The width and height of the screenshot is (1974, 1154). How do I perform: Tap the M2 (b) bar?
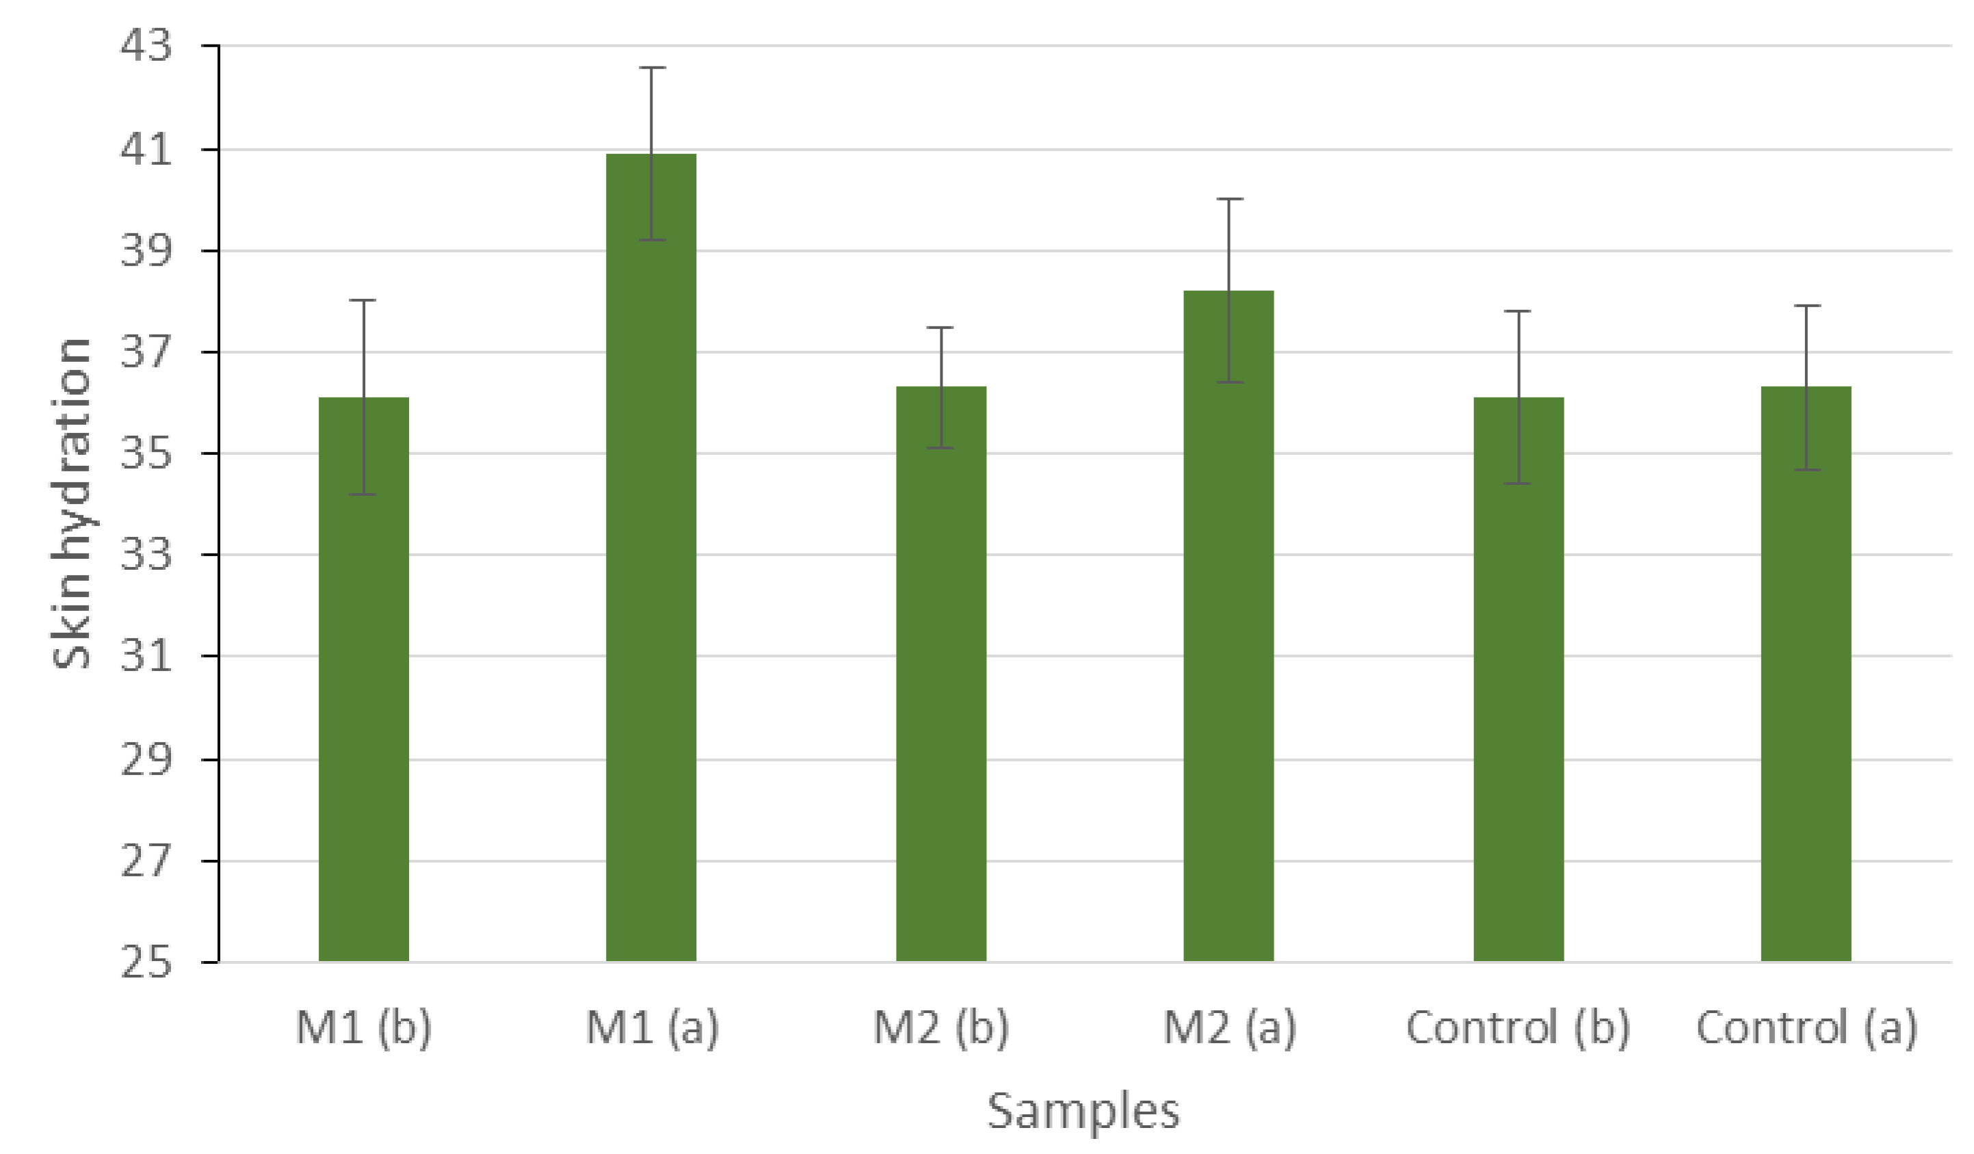coord(940,674)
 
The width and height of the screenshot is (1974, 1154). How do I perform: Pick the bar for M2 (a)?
coord(1228,626)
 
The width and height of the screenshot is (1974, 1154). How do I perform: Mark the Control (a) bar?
coord(1806,674)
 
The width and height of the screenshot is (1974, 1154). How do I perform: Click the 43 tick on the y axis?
coord(146,45)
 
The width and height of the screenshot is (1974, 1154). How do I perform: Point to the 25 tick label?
coord(146,962)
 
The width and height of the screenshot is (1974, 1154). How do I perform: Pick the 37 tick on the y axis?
coord(146,352)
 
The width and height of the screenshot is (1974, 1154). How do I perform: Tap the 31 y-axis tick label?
coord(146,656)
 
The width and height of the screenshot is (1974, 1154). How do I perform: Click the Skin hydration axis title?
coord(71,503)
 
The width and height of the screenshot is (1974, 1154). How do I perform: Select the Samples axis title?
coord(1083,1111)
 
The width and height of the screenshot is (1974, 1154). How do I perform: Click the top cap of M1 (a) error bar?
coord(652,68)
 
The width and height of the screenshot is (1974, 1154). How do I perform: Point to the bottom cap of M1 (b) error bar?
coord(363,495)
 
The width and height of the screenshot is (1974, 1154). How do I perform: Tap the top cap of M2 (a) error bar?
coord(1229,199)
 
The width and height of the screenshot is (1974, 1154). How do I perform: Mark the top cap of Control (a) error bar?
coord(1806,306)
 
